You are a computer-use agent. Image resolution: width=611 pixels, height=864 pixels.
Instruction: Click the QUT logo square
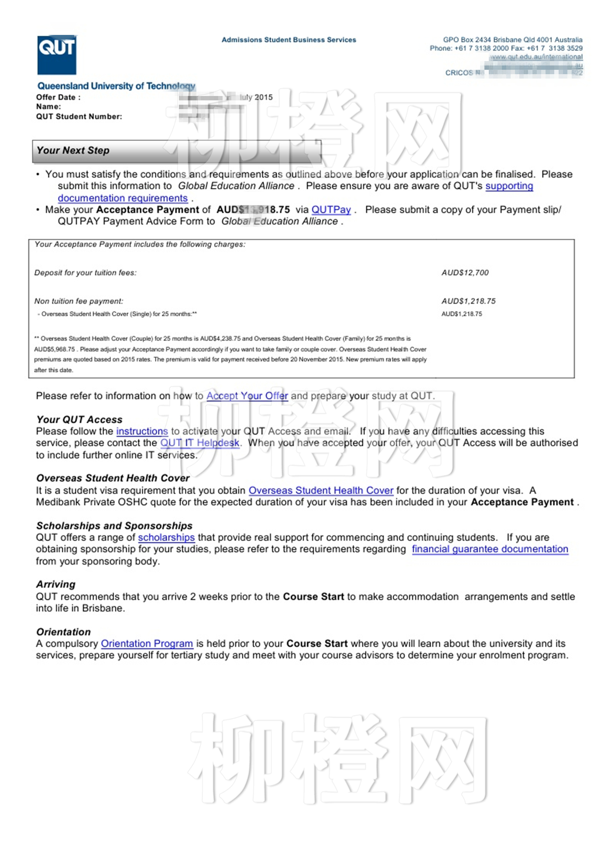(57, 55)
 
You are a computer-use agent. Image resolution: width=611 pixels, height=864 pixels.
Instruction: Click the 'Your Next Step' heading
(73, 151)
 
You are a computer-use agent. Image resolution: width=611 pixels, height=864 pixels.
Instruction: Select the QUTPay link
(331, 210)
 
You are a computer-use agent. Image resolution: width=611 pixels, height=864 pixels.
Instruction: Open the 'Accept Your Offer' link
(247, 396)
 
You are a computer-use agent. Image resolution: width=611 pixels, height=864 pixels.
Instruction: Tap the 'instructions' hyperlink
(142, 431)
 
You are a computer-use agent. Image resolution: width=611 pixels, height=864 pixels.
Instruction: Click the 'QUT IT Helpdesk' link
(200, 443)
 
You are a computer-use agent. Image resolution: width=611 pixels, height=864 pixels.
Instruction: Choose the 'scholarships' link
(166, 538)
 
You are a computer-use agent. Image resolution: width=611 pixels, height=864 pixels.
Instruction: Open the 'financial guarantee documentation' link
(490, 549)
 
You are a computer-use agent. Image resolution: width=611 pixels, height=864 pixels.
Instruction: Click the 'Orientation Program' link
(147, 644)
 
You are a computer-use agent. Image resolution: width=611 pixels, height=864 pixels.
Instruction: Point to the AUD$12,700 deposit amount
(465, 273)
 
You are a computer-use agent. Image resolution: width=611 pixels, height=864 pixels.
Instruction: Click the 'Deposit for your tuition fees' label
(86, 273)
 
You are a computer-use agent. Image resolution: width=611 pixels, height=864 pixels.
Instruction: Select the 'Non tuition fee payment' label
(79, 301)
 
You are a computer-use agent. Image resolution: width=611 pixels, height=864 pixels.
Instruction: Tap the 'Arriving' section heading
(56, 584)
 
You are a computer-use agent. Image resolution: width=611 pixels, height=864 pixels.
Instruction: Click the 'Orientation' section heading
(64, 632)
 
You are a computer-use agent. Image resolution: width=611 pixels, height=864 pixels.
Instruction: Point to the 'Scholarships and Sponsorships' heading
(114, 526)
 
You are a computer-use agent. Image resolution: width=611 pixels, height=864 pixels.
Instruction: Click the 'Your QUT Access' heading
(79, 419)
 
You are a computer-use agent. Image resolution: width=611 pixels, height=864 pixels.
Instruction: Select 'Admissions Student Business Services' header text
(288, 40)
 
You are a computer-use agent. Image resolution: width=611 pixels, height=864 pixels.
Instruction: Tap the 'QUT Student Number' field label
(79, 117)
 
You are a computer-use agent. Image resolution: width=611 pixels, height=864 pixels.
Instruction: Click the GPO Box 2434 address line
(512, 40)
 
